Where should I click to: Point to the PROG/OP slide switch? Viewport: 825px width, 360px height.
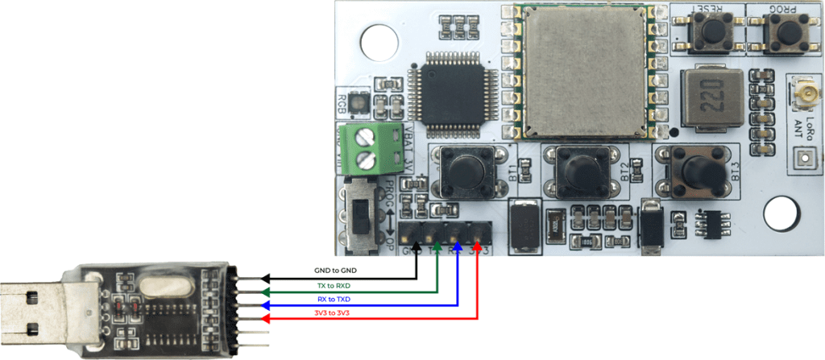click(x=360, y=213)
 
